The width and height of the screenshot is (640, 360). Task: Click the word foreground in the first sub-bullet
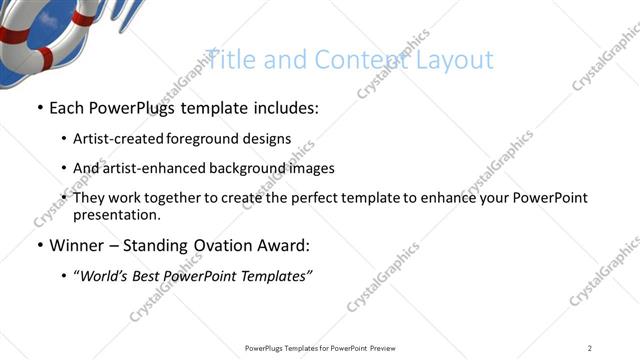pos(206,139)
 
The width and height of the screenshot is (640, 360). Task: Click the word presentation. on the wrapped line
pos(117,215)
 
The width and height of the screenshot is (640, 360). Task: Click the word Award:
pos(289,246)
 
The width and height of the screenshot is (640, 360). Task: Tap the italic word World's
pos(107,276)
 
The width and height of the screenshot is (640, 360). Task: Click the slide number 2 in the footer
pos(590,348)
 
